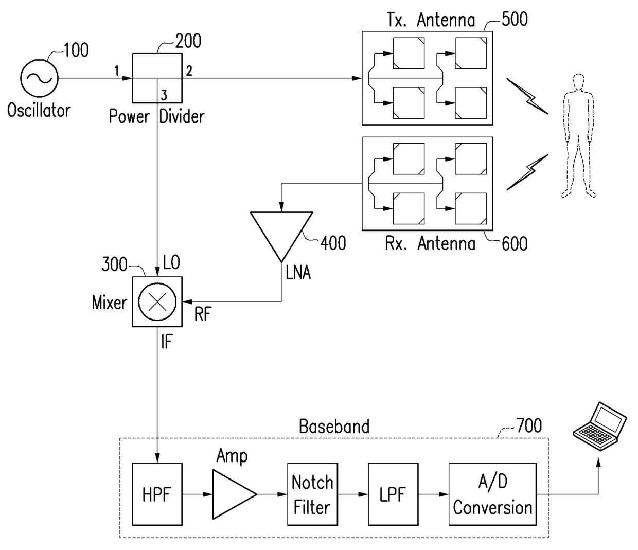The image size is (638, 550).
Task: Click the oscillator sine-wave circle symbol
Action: click(39, 78)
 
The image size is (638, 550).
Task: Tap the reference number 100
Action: click(76, 50)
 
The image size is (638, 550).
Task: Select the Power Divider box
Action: click(157, 77)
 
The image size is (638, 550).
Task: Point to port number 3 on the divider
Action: click(164, 95)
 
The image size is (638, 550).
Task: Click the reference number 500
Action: click(514, 19)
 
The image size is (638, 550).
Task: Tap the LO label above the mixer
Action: click(171, 262)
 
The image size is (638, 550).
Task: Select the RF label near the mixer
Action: click(202, 314)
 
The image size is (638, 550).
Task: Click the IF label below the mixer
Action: click(166, 342)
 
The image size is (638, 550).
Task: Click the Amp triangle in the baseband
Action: click(232, 494)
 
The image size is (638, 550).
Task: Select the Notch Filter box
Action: click(312, 494)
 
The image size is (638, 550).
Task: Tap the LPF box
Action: click(393, 494)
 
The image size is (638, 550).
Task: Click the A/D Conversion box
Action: click(492, 494)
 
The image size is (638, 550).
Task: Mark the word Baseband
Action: click(334, 427)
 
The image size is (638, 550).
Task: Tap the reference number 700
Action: click(528, 425)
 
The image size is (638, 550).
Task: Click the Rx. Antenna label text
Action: click(430, 243)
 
